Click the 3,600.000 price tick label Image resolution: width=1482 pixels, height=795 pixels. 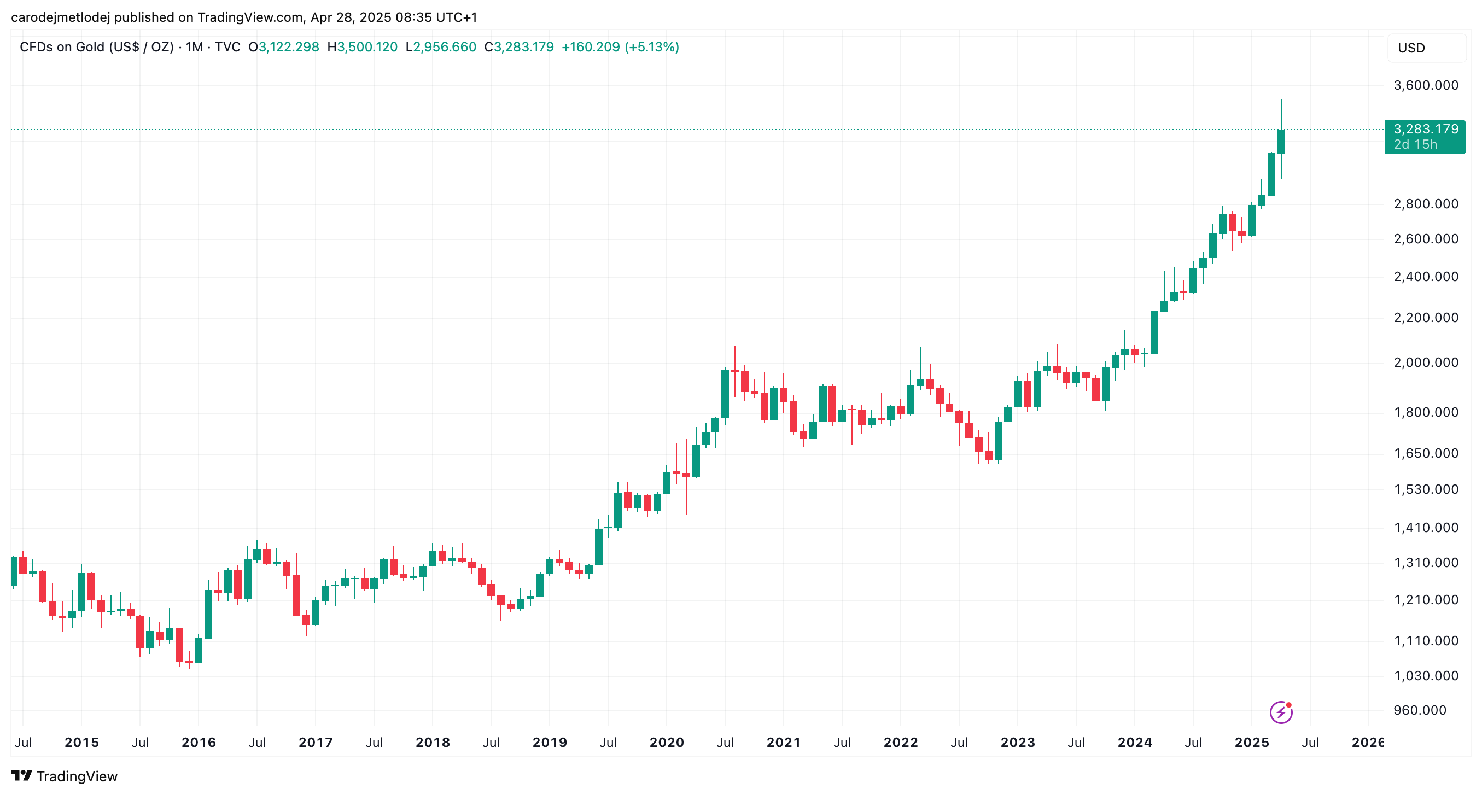pyautogui.click(x=1426, y=85)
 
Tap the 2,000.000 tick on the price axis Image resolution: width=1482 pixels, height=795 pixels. pyautogui.click(x=1426, y=363)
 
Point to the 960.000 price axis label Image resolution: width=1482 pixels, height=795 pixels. pyautogui.click(x=1419, y=710)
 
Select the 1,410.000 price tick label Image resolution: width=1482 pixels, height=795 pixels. pyautogui.click(x=1426, y=528)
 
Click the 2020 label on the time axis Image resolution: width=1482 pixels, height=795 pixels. pyautogui.click(x=666, y=742)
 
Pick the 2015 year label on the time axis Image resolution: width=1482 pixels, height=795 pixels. pyautogui.click(x=81, y=742)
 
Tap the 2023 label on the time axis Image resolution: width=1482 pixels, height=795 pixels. pyautogui.click(x=1017, y=742)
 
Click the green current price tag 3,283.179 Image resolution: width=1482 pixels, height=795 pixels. pyautogui.click(x=1425, y=136)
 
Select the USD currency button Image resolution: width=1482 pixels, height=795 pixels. pyautogui.click(x=1411, y=48)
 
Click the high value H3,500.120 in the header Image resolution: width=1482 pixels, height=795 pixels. pyautogui.click(x=362, y=47)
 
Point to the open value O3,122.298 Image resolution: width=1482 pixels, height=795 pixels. pyautogui.click(x=284, y=47)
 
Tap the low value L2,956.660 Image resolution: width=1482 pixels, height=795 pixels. pyautogui.click(x=441, y=47)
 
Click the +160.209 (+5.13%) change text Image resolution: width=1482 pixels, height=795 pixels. pyautogui.click(x=620, y=47)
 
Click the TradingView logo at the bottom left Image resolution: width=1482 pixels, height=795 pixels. pyautogui.click(x=64, y=776)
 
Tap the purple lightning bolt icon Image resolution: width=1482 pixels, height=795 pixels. pyautogui.click(x=1281, y=712)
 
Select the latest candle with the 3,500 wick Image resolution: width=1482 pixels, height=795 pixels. pyautogui.click(x=1281, y=142)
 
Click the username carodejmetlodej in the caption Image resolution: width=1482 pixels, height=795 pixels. pyautogui.click(x=60, y=17)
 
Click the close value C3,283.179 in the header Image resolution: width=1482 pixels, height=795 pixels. pyautogui.click(x=519, y=47)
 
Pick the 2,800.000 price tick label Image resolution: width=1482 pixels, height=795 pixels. pyautogui.click(x=1426, y=203)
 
